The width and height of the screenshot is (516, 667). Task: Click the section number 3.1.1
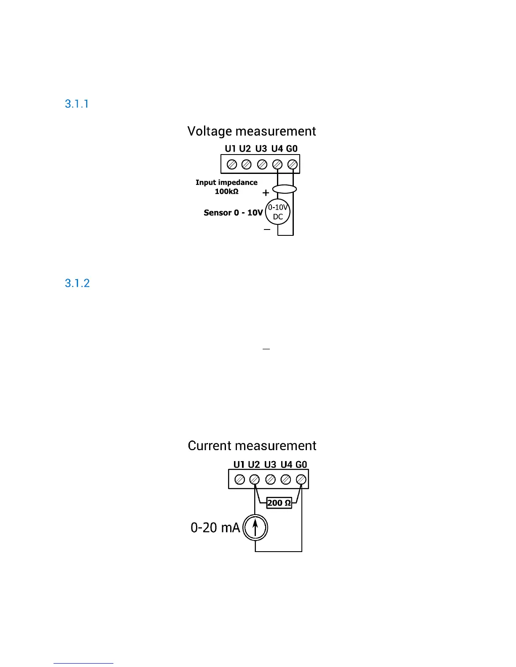[x=77, y=104]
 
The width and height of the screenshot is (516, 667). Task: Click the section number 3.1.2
[x=77, y=283]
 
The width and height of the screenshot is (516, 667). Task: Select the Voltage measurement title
[x=252, y=131]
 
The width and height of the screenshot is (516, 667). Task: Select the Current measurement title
[x=252, y=446]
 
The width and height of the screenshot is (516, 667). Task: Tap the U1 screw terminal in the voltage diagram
[x=231, y=164]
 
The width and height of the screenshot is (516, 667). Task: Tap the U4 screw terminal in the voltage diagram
[x=277, y=164]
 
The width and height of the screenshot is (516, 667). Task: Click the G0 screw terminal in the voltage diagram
[x=292, y=164]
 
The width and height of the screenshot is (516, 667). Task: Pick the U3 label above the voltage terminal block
[x=261, y=149]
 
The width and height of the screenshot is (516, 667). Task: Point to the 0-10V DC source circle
[x=278, y=212]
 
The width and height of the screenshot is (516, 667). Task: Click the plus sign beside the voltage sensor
[x=266, y=193]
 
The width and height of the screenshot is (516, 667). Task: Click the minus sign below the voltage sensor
[x=267, y=229]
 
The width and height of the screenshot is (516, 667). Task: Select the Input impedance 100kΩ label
[x=226, y=187]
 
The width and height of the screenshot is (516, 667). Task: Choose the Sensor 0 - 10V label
[x=233, y=213]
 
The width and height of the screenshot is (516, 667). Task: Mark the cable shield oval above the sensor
[x=285, y=189]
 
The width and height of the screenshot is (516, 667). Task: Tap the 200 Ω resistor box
[x=279, y=503]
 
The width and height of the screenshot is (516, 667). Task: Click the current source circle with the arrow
[x=255, y=528]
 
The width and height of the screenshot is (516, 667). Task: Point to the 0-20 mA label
[x=215, y=528]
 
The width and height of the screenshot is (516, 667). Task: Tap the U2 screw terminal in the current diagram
[x=254, y=479]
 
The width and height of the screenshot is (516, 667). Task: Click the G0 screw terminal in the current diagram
[x=301, y=479]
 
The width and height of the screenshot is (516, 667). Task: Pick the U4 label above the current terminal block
[x=286, y=464]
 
